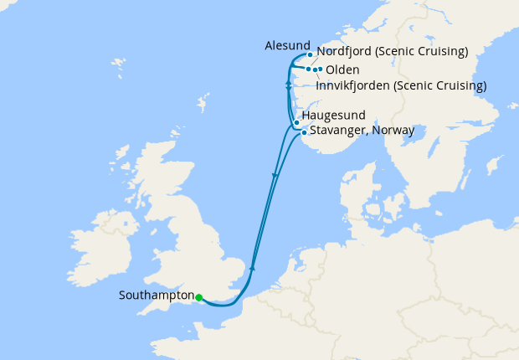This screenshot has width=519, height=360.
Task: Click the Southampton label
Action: [156, 296]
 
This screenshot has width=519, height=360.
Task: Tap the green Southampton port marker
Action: [198, 296]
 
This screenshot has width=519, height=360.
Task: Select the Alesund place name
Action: [286, 45]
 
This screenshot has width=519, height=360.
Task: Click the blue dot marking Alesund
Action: [310, 55]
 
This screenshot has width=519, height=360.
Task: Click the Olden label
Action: [342, 69]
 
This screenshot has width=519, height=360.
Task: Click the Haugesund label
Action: [333, 116]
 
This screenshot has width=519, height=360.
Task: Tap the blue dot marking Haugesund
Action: [296, 122]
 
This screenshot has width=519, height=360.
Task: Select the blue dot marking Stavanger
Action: [304, 131]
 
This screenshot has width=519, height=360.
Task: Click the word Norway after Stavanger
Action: [393, 131]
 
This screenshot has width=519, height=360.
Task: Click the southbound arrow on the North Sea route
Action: [275, 175]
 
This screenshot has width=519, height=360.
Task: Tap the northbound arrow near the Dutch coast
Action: [252, 267]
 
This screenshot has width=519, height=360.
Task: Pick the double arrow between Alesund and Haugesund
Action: [288, 85]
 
